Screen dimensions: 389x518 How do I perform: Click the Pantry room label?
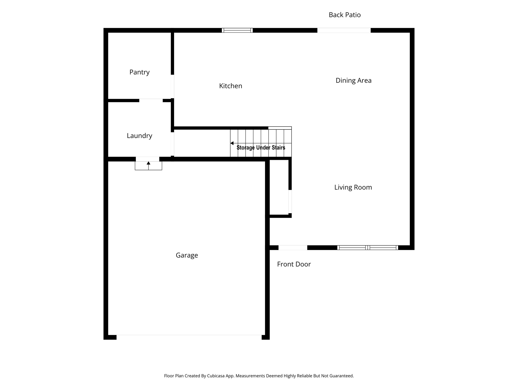pyautogui.click(x=139, y=72)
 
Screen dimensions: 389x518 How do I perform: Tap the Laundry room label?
pyautogui.click(x=139, y=136)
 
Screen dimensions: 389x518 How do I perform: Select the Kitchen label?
pyautogui.click(x=230, y=86)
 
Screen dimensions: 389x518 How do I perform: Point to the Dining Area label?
pyautogui.click(x=353, y=81)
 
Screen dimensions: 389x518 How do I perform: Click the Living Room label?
pyautogui.click(x=353, y=187)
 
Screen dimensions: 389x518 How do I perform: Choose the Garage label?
pyautogui.click(x=187, y=255)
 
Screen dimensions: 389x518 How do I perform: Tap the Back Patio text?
pyautogui.click(x=344, y=15)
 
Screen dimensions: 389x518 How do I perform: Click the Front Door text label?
pyautogui.click(x=294, y=264)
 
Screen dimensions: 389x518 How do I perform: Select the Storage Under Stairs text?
pyautogui.click(x=261, y=148)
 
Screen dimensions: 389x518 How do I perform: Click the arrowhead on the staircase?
pyautogui.click(x=232, y=143)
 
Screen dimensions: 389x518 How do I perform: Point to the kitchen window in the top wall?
pyautogui.click(x=237, y=30)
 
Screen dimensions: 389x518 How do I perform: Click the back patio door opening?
pyautogui.click(x=344, y=30)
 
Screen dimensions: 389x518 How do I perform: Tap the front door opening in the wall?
pyautogui.click(x=293, y=248)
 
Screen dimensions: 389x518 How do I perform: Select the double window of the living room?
pyautogui.click(x=368, y=248)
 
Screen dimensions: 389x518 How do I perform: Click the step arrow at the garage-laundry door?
pyautogui.click(x=148, y=163)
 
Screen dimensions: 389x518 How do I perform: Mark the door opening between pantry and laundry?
pyautogui.click(x=151, y=101)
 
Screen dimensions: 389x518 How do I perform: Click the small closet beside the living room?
pyautogui.click(x=279, y=187)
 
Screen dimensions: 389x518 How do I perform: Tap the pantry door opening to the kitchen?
pyautogui.click(x=172, y=86)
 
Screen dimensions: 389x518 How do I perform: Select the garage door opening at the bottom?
pyautogui.click(x=189, y=337)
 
